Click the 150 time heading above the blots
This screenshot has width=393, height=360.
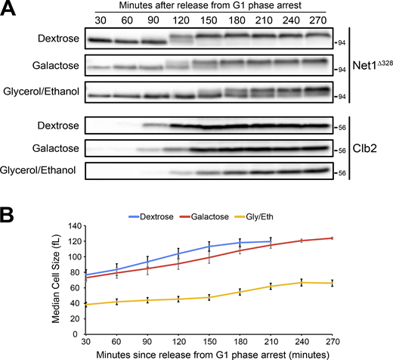203,19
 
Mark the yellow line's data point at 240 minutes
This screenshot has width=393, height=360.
302,282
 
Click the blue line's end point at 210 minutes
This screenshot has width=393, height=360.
271,241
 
